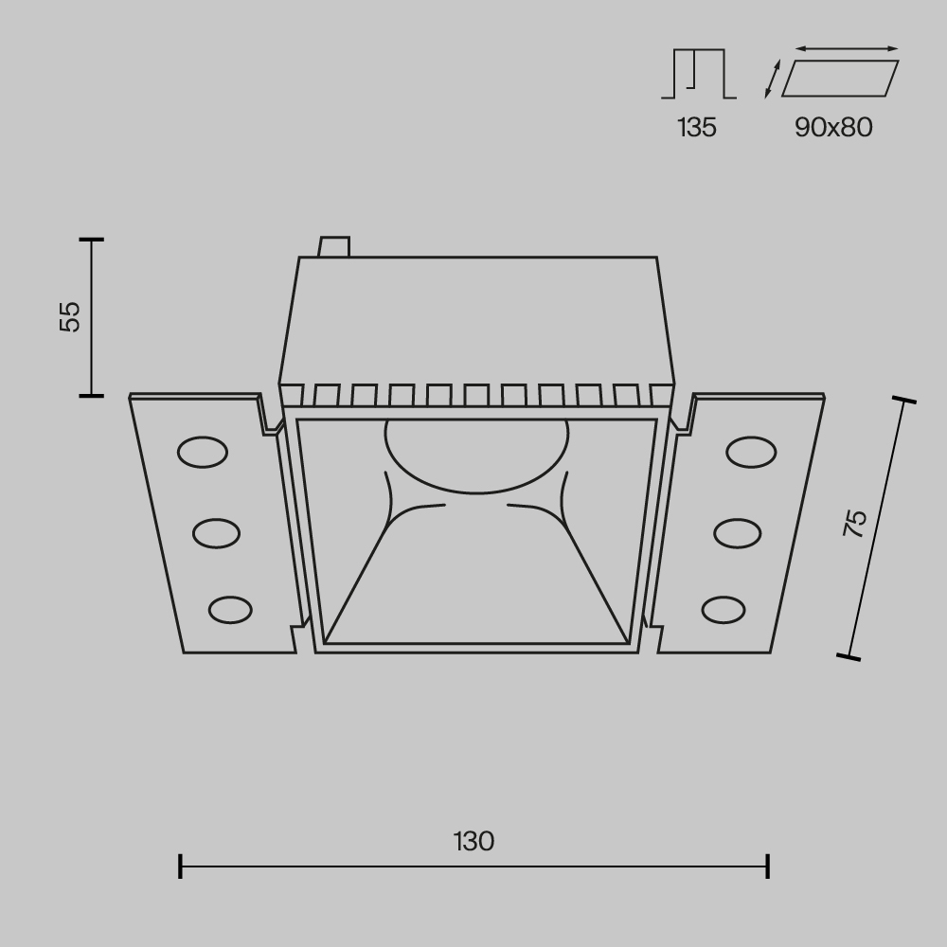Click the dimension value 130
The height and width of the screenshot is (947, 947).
pyautogui.click(x=473, y=841)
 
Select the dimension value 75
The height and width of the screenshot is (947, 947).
pyautogui.click(x=855, y=524)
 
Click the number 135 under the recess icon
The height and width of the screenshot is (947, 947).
pyautogui.click(x=697, y=128)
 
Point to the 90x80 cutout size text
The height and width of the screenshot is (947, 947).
pyautogui.click(x=833, y=128)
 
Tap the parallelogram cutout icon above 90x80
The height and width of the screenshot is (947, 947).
pyautogui.click(x=840, y=79)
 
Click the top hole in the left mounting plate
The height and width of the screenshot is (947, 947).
pyautogui.click(x=203, y=453)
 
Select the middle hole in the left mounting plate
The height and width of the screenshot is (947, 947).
pyautogui.click(x=216, y=533)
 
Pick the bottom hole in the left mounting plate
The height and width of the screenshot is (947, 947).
pyautogui.click(x=230, y=609)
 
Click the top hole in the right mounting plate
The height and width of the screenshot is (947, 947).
pyautogui.click(x=752, y=453)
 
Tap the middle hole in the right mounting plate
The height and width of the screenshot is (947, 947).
pyautogui.click(x=738, y=533)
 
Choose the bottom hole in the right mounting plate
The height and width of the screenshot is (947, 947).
pyautogui.click(x=724, y=609)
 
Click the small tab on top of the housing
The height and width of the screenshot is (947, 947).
pyautogui.click(x=334, y=246)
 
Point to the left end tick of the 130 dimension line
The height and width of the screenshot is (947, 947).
pyautogui.click(x=180, y=865)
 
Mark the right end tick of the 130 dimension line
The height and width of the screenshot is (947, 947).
pyautogui.click(x=768, y=865)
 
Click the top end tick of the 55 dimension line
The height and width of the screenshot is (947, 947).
pyautogui.click(x=91, y=240)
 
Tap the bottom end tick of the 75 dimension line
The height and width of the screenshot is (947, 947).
pyautogui.click(x=849, y=654)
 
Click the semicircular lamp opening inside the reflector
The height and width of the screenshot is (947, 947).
pyautogui.click(x=476, y=455)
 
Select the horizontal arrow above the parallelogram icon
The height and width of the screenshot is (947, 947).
pyautogui.click(x=847, y=48)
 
